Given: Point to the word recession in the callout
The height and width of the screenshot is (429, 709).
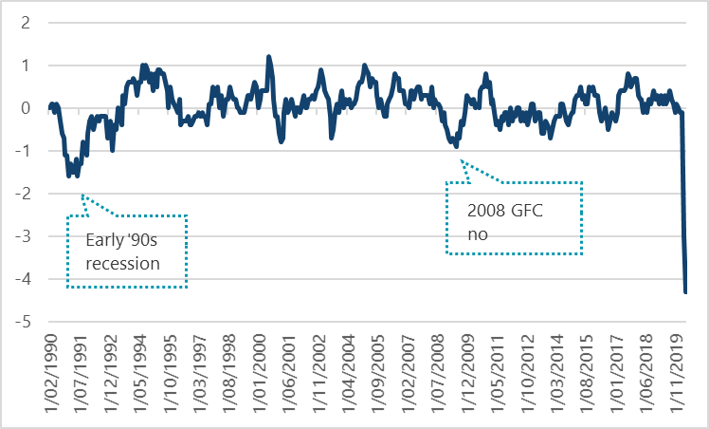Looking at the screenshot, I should pyautogui.click(x=122, y=262).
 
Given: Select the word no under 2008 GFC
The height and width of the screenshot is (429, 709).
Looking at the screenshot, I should pyautogui.click(x=475, y=233).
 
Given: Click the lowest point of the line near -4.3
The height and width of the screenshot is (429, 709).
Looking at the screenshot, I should pyautogui.click(x=685, y=292).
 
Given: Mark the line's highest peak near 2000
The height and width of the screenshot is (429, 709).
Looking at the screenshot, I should pyautogui.click(x=269, y=57).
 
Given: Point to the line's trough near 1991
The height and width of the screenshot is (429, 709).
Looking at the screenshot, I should pyautogui.click(x=69, y=176).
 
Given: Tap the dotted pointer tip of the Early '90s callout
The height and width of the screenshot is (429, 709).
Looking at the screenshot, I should pyautogui.click(x=82, y=195).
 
